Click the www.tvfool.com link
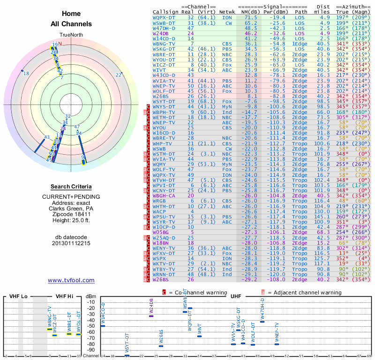(x=71, y=280)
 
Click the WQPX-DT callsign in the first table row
(x=164, y=17)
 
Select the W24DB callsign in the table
(x=160, y=34)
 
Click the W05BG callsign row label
(x=160, y=232)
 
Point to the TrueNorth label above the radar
(x=71, y=35)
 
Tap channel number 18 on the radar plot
(x=26, y=74)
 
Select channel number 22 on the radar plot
(x=119, y=75)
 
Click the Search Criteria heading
(x=71, y=187)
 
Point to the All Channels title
(x=71, y=24)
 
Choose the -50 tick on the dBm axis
(x=91, y=326)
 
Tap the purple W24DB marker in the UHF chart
(x=151, y=316)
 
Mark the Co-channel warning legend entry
(x=195, y=292)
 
